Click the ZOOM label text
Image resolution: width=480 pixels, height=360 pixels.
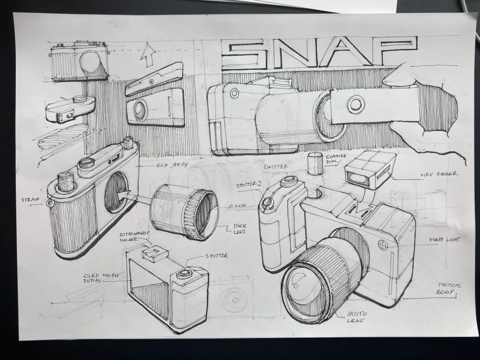point(237,206)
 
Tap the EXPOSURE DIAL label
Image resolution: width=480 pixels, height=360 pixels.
point(336,160)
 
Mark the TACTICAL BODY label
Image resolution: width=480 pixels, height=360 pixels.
point(449,288)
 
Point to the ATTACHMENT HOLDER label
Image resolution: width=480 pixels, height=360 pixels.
point(134,236)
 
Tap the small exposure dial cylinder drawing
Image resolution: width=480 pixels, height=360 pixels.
point(315,164)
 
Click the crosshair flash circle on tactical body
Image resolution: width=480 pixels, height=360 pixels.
point(383,245)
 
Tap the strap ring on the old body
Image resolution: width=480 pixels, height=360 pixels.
point(49,203)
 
